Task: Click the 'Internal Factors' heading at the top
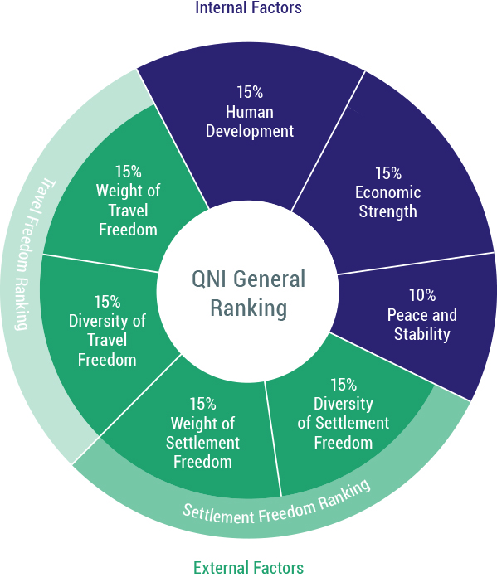248,7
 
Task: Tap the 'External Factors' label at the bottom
248,568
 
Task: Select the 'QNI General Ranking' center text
248,293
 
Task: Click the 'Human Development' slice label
250,122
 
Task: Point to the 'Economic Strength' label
388,201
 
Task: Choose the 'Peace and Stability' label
422,324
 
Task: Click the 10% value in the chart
422,295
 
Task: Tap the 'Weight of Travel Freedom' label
128,210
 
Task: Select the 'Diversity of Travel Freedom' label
107,340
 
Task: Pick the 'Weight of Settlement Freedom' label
202,443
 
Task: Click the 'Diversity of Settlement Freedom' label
344,423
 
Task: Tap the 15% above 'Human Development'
250,92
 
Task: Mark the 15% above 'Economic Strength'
388,173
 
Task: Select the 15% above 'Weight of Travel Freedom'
128,172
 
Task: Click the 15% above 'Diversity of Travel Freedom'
107,302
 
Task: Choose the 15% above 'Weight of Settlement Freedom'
202,405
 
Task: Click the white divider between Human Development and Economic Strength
328,141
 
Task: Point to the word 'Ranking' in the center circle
248,308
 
